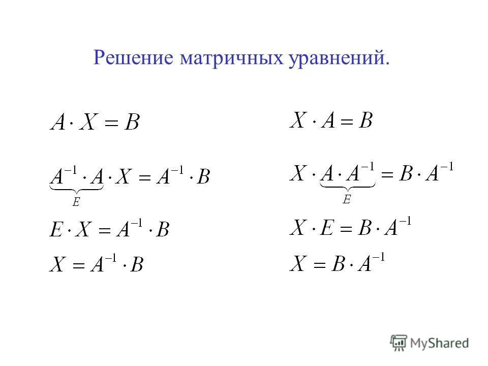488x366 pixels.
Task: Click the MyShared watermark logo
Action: (430, 343)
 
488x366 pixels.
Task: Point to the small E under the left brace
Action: (76, 202)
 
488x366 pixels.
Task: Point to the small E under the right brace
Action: (347, 200)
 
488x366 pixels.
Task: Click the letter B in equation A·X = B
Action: (132, 123)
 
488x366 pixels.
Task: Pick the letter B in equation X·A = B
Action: (365, 120)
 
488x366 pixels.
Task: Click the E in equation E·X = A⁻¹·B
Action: (55, 230)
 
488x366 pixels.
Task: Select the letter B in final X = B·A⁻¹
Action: (340, 263)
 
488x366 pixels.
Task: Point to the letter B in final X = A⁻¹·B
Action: (136, 264)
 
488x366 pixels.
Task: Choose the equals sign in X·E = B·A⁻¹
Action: (348, 227)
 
